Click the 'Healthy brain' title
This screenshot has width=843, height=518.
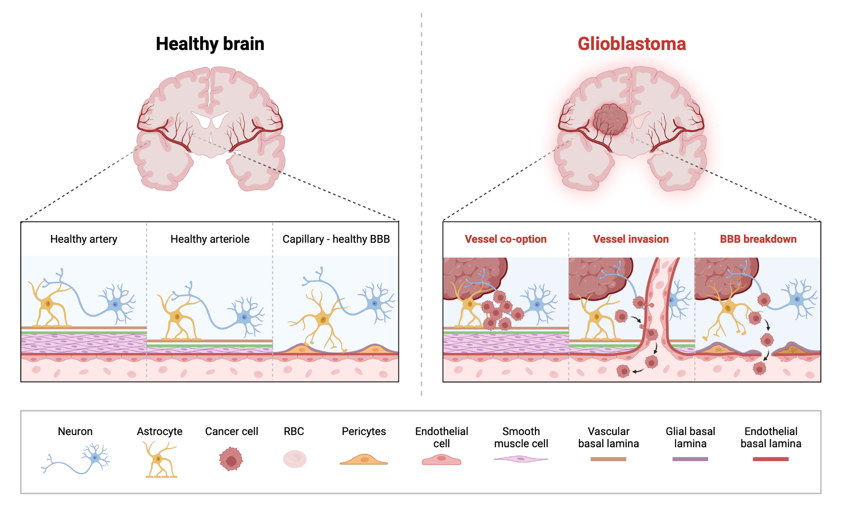pyautogui.click(x=210, y=44)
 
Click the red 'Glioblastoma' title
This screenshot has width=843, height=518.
pyautogui.click(x=631, y=44)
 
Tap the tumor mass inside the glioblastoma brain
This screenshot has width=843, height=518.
pyautogui.click(x=610, y=120)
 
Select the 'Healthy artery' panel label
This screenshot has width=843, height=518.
pyautogui.click(x=83, y=239)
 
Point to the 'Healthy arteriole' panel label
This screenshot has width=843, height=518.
pyautogui.click(x=209, y=239)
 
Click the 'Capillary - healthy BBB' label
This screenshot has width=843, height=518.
pyautogui.click(x=336, y=239)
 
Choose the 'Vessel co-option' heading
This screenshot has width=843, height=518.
pyautogui.click(x=505, y=239)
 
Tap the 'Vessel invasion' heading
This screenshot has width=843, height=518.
pyautogui.click(x=631, y=239)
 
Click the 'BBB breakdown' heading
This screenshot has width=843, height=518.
pyautogui.click(x=758, y=239)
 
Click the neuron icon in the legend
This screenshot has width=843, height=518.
pyautogui.click(x=95, y=458)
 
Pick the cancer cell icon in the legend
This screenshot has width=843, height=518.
pyautogui.click(x=231, y=459)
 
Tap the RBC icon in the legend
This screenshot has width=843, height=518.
pyautogui.click(x=295, y=459)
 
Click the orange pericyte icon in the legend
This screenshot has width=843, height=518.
pyautogui.click(x=363, y=460)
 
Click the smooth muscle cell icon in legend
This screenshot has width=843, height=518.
pyautogui.click(x=521, y=459)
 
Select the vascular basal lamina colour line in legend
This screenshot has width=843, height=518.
pyautogui.click(x=608, y=459)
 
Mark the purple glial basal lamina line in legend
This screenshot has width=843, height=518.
pyautogui.click(x=690, y=459)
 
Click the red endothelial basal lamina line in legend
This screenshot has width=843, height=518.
pyautogui.click(x=771, y=459)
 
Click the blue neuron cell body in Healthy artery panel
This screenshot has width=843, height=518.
pyautogui.click(x=115, y=304)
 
